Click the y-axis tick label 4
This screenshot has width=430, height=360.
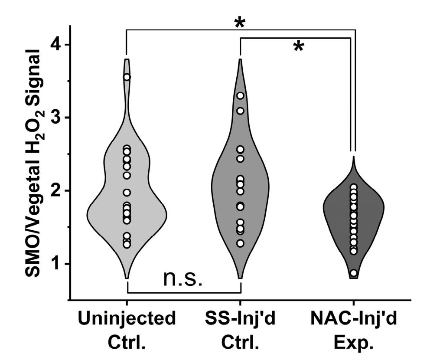[x=55, y=45]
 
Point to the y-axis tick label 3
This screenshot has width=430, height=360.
[x=55, y=118]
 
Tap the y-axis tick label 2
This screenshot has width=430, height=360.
[x=55, y=191]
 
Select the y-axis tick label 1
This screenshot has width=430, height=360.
[x=55, y=264]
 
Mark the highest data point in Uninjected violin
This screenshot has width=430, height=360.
[x=127, y=77]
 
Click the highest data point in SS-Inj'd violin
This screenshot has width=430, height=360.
[x=240, y=96]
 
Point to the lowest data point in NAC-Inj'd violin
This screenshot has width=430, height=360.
[x=354, y=273]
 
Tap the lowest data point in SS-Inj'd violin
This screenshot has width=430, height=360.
[x=240, y=243]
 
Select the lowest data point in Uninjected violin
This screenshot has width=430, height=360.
[x=127, y=245]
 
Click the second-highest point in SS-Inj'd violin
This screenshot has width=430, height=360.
[x=240, y=111]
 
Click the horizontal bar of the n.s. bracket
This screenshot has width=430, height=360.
[x=183, y=292]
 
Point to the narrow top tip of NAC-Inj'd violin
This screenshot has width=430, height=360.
[x=354, y=157]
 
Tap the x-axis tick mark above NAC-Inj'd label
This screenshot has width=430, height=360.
[x=354, y=303]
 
